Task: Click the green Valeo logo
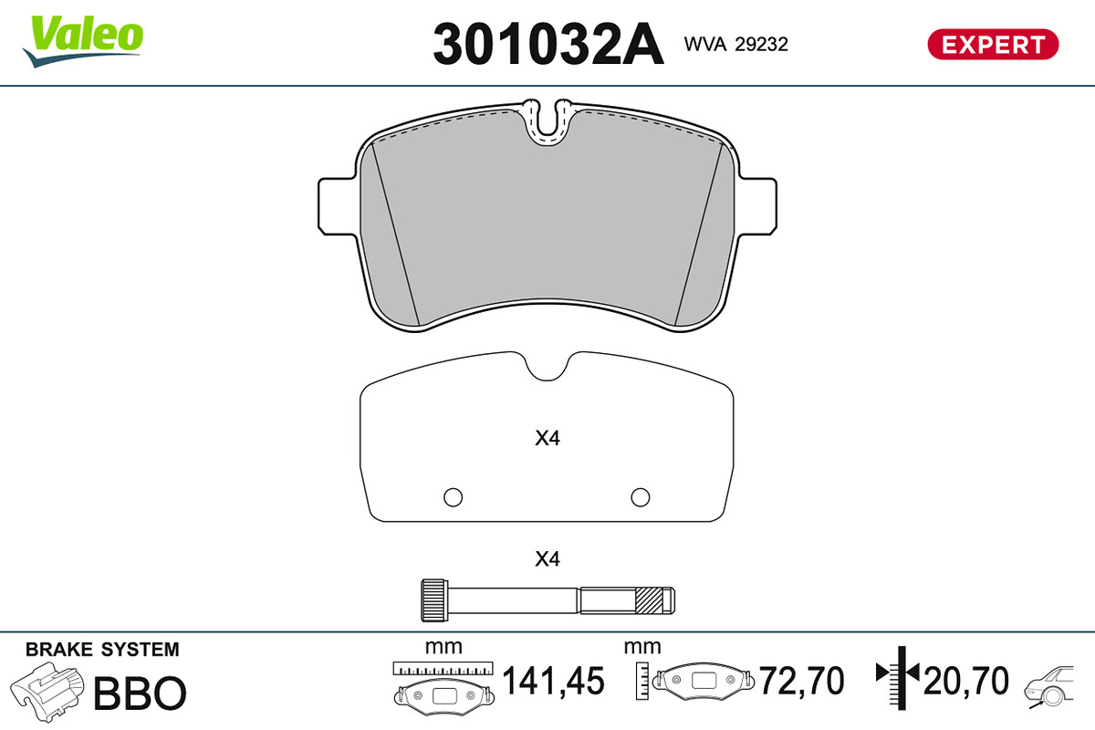point(83,40)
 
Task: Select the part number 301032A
point(548,44)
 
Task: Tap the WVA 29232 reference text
point(735,45)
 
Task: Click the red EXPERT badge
point(993,45)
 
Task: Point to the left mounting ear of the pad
point(338,206)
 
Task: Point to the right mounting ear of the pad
point(757,206)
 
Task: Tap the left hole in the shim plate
point(454,497)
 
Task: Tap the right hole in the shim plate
point(641,497)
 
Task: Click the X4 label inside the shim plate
point(547,438)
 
